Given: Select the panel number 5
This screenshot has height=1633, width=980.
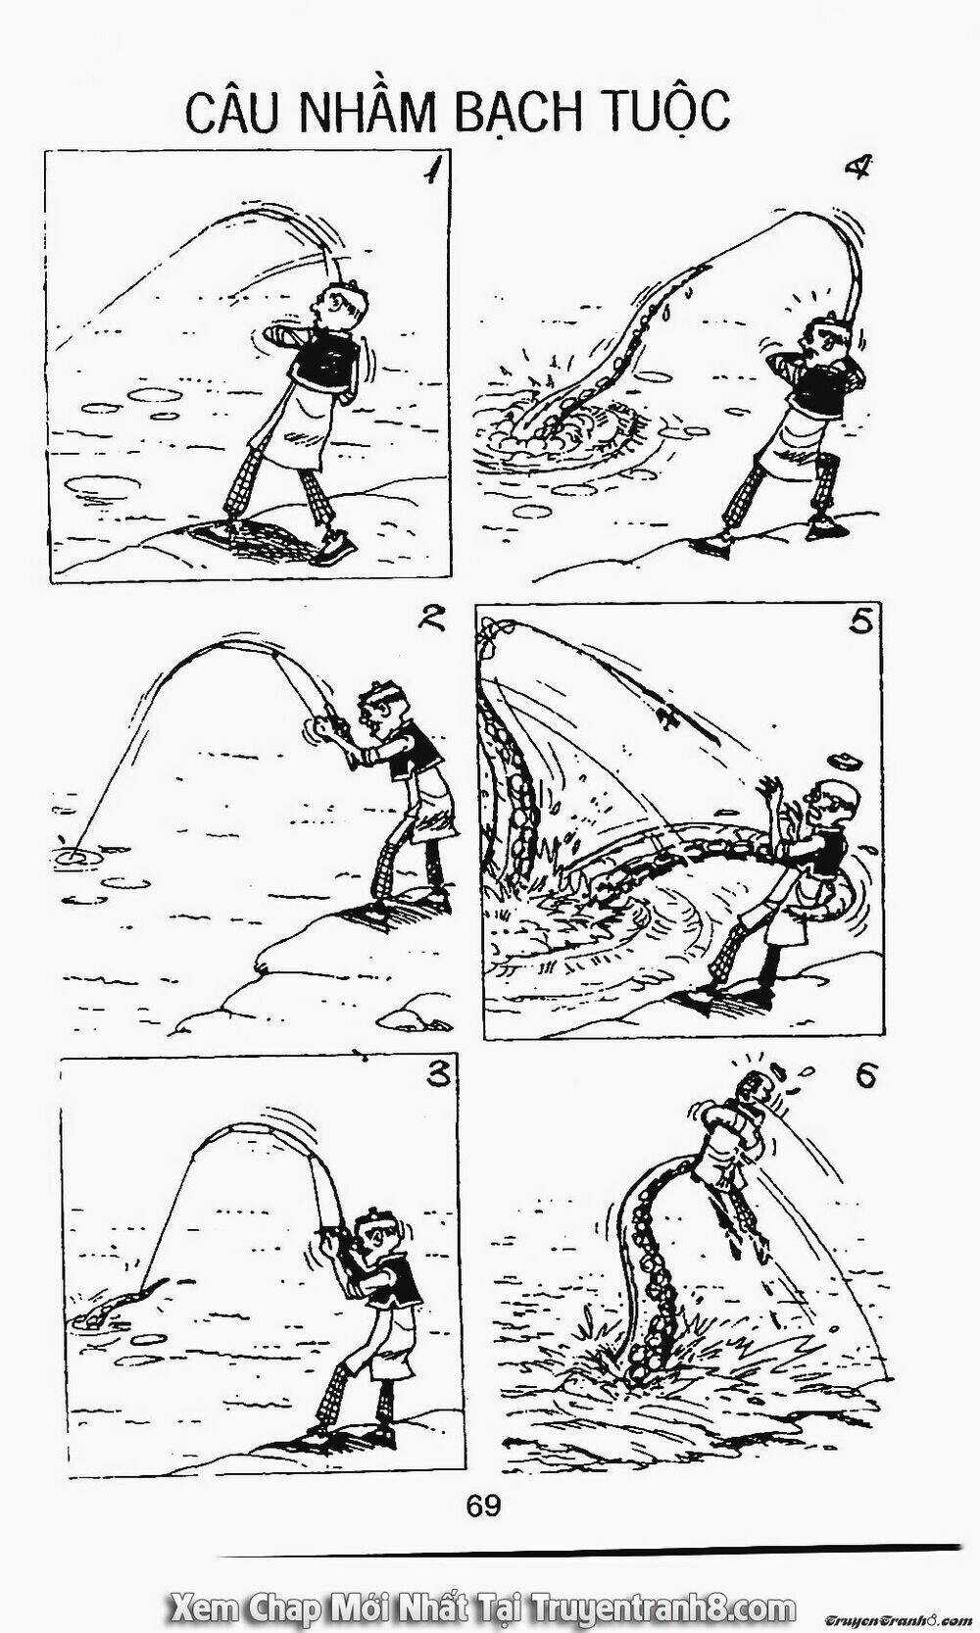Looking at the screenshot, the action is (860, 623).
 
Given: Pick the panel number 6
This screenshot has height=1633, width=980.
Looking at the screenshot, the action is (864, 1077).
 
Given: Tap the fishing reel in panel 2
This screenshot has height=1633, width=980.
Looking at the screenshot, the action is (318, 729).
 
